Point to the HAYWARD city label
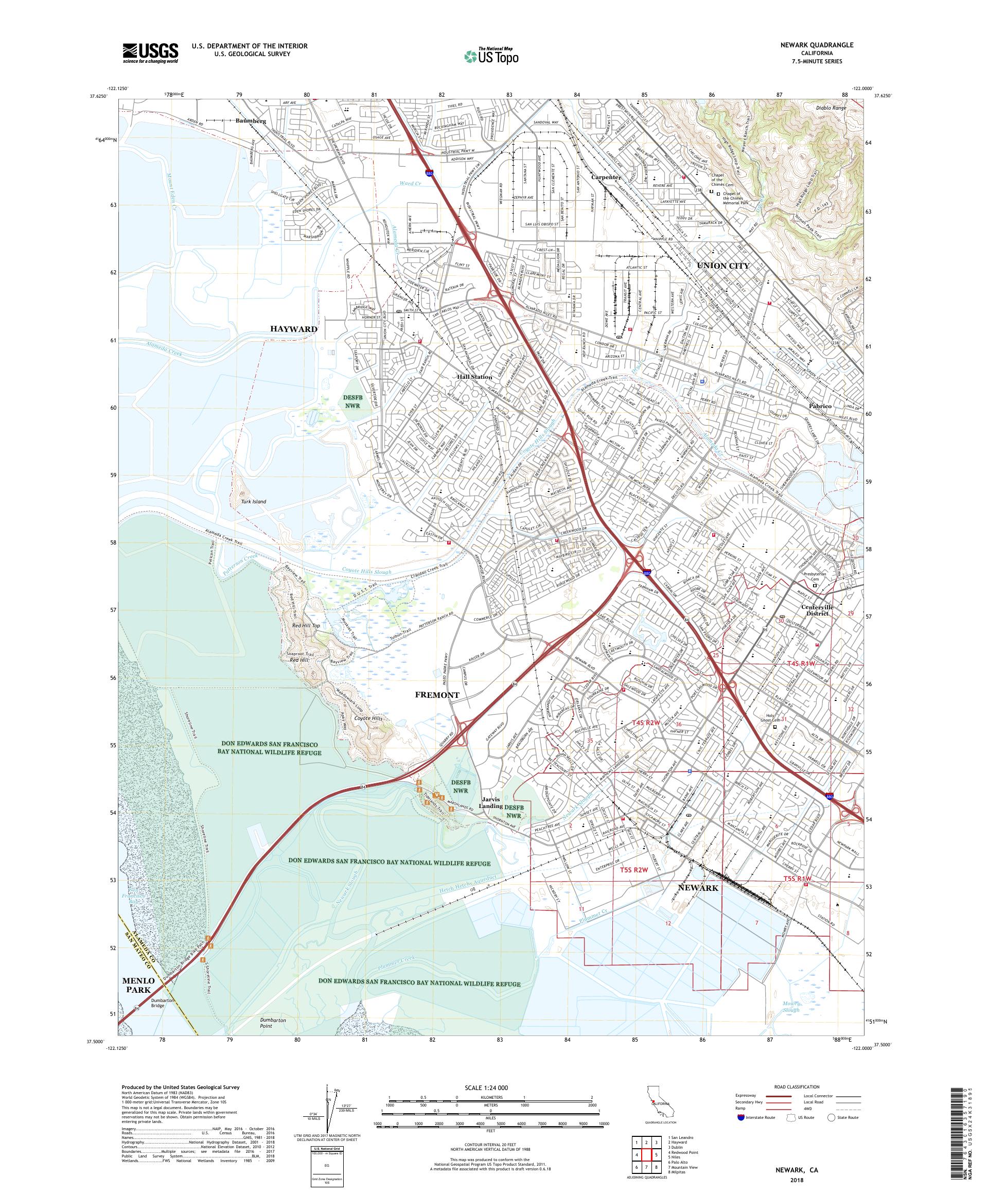tap(293, 329)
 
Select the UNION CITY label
tap(723, 266)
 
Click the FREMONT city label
tap(437, 695)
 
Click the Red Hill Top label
tap(306, 626)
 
